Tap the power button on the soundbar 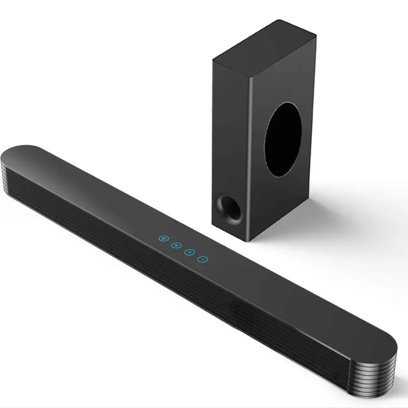tap(163, 238)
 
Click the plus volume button tap(189, 252)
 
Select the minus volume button tap(203, 259)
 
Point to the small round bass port tap(229, 208)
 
